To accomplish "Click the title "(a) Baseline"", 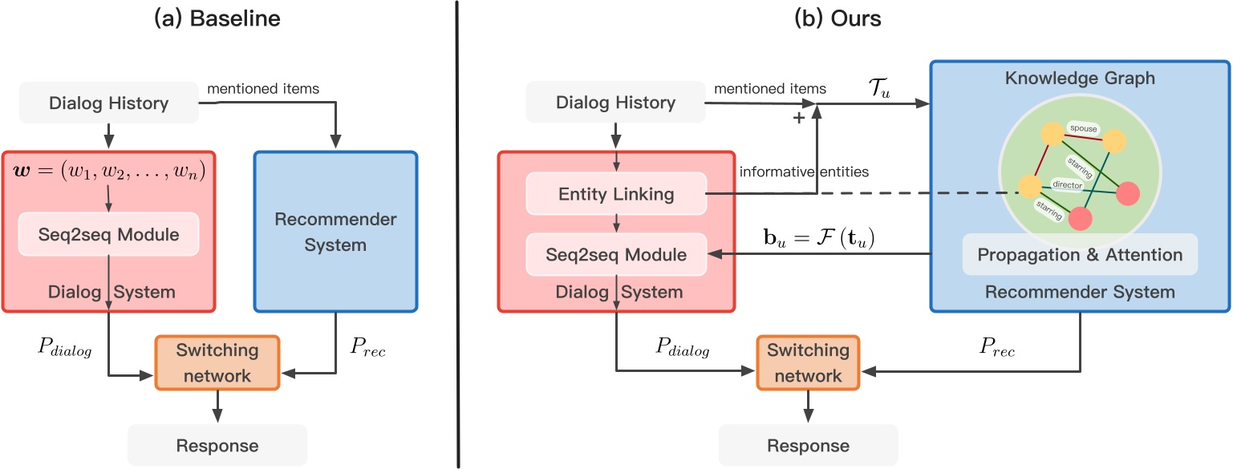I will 217,18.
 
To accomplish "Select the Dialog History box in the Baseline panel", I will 109,103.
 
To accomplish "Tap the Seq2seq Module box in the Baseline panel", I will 110,234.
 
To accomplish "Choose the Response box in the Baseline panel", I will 217,445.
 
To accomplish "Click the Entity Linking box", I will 615,193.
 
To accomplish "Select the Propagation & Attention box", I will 1080,255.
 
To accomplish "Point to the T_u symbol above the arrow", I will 879,87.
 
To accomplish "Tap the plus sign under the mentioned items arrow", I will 798,117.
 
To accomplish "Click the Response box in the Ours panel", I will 808,445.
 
